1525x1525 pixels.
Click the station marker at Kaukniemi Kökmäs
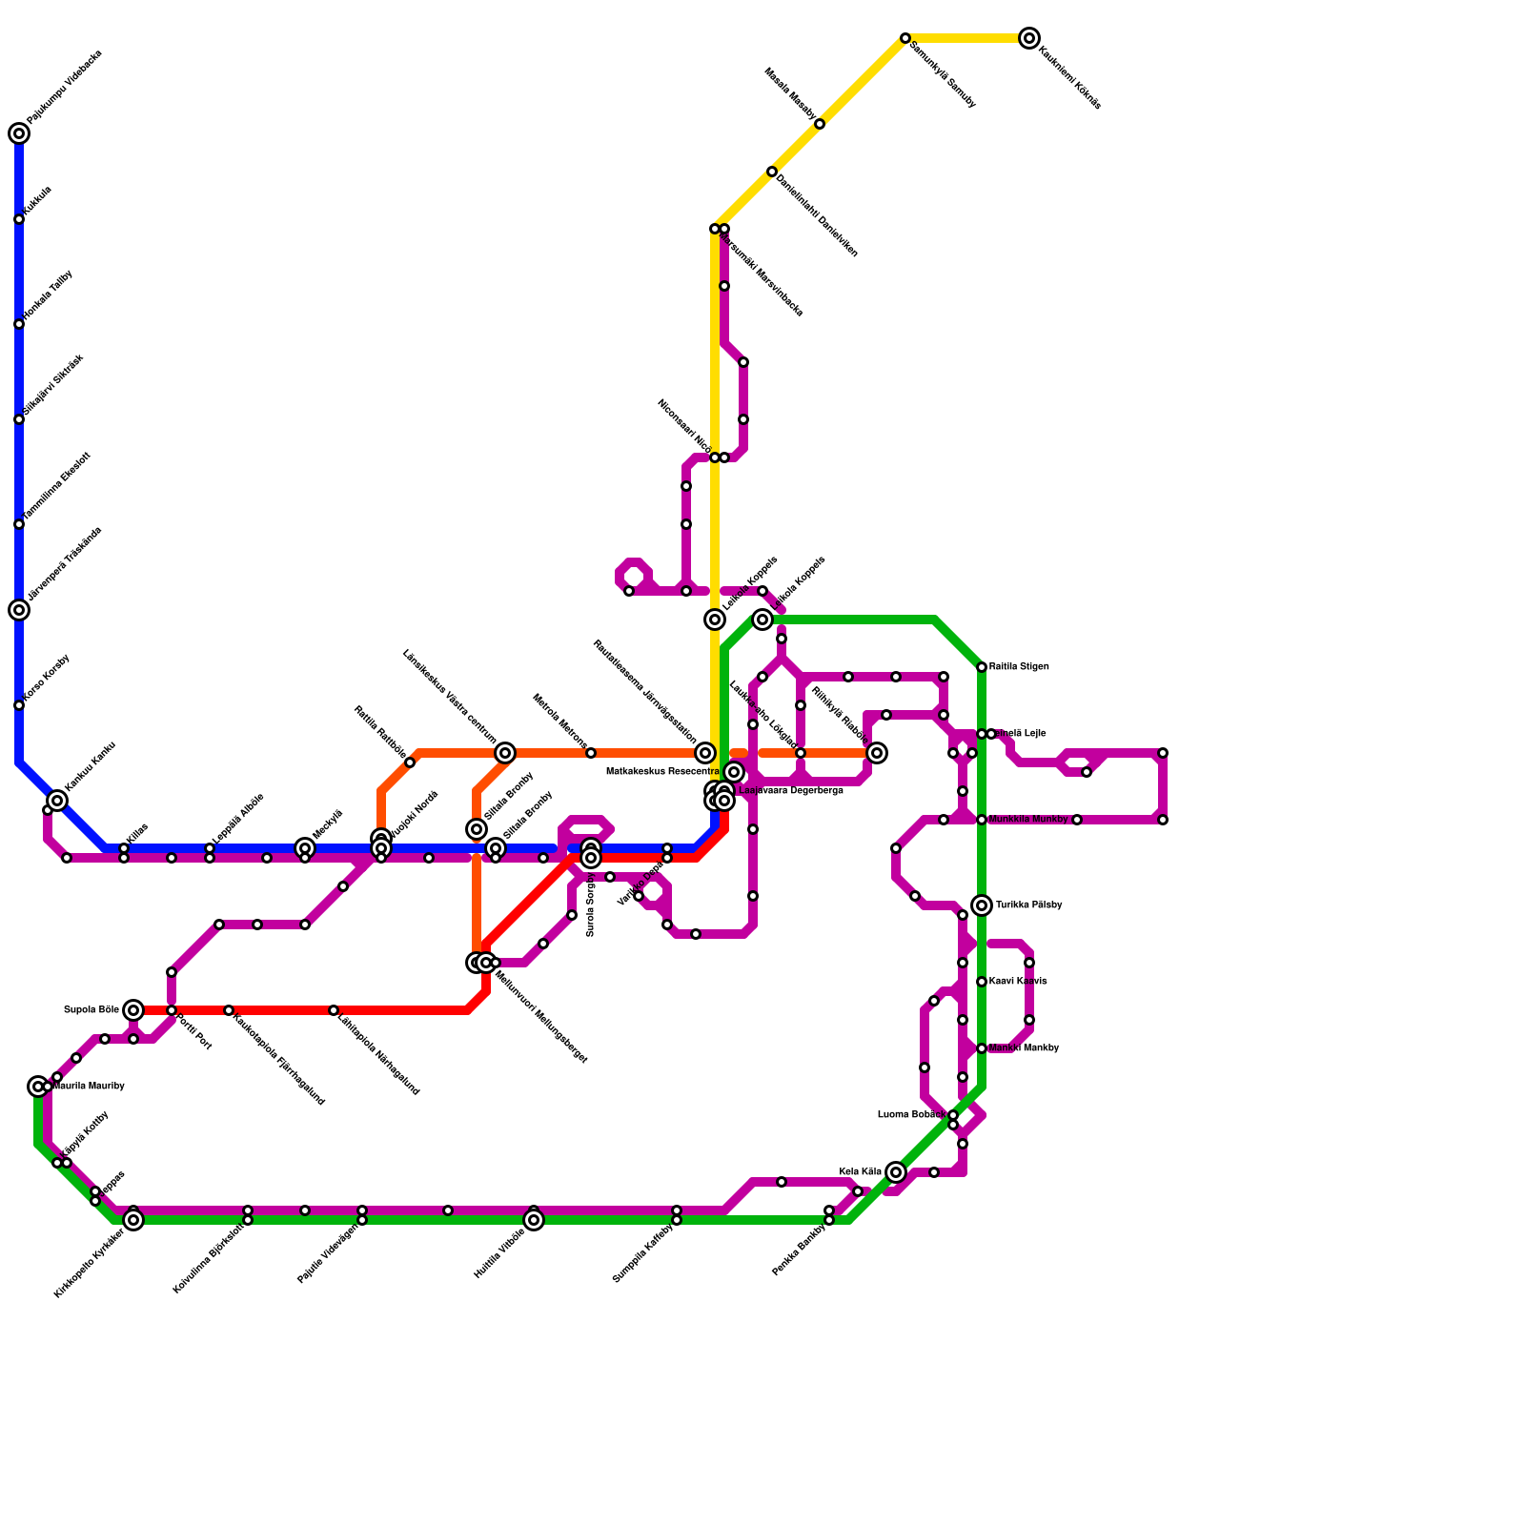1028,38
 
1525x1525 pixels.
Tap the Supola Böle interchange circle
133,1010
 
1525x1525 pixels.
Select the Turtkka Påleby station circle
982,905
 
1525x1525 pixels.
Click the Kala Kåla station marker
895,1172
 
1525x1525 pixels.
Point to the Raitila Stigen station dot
982,667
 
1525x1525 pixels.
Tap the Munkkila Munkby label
1028,820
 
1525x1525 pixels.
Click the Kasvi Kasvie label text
1018,982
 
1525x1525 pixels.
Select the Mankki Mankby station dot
982,1048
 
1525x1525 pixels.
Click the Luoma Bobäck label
911,1115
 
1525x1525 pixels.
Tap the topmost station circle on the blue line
19,133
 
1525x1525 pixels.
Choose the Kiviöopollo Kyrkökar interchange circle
133,1220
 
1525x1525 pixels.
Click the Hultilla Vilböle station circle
534,1220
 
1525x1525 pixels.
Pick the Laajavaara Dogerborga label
790,791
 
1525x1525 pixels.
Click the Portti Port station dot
172,1010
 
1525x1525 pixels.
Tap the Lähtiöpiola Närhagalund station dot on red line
334,1010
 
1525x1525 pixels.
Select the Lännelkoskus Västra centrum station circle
505,753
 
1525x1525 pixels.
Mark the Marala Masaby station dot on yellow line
820,124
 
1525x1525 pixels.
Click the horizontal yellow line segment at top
963,38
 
